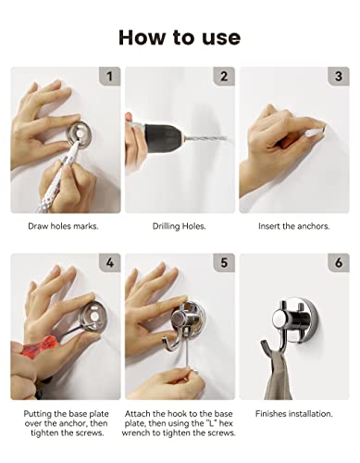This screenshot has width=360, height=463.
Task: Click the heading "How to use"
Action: [x=180, y=38]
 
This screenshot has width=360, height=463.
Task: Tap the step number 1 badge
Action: [x=110, y=76]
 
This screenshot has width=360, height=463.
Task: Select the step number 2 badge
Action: [x=224, y=76]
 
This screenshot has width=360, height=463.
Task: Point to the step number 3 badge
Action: [x=339, y=76]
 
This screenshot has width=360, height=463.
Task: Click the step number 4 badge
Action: [x=110, y=263]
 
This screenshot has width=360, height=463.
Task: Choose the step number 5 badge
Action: [x=224, y=263]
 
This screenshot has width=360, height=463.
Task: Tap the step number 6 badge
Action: [x=339, y=263]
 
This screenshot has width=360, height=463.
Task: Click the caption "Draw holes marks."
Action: [x=63, y=226]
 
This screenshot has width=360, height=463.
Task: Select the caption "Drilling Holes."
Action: [x=180, y=226]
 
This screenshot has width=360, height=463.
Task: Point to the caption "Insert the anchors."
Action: [x=294, y=226]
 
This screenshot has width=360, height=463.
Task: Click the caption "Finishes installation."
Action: [x=294, y=414]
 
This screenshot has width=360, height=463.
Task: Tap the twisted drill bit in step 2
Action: [x=206, y=138]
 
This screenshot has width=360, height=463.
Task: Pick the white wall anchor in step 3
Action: [x=315, y=132]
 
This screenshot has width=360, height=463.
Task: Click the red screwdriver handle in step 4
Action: [x=40, y=347]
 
